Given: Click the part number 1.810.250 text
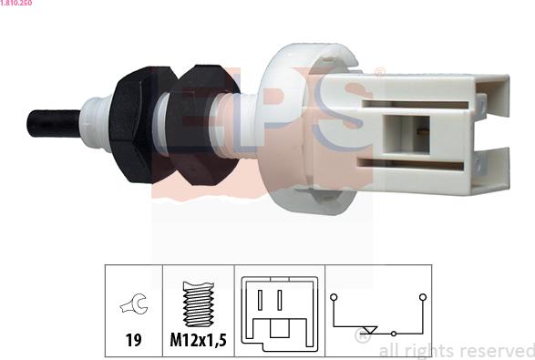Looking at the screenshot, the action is tap(16, 3).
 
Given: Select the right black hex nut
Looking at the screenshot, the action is tap(204, 125).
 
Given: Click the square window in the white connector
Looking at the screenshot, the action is tap(406, 135).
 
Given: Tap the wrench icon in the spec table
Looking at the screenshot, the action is tap(134, 303).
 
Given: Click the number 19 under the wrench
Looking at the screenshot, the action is tap(133, 340).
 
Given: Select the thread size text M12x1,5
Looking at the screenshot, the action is tap(199, 340).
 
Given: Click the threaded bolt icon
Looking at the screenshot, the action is tap(199, 304).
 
